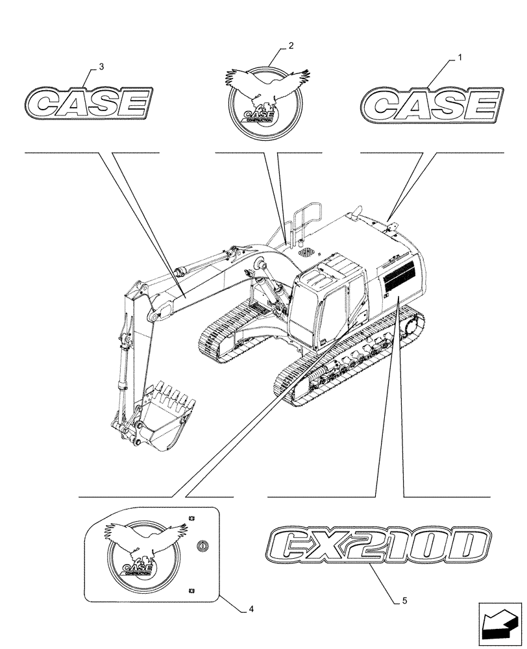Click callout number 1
(460, 58)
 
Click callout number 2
(291, 45)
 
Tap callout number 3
(101, 67)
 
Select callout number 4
(251, 609)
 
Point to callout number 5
(404, 600)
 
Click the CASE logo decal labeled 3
(90, 103)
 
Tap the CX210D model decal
(379, 546)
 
